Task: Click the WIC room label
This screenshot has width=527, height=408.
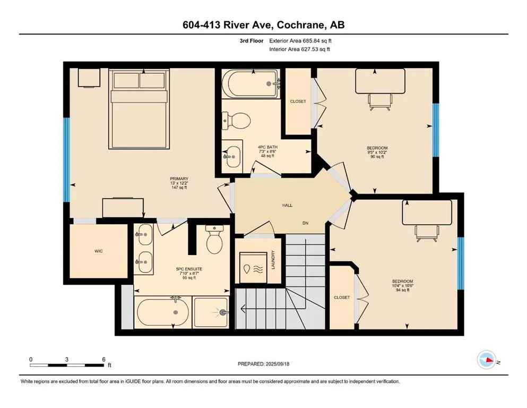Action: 99,251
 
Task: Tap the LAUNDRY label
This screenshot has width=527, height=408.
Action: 273,260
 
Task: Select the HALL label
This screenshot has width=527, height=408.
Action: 287,205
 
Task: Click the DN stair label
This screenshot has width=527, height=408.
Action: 305,223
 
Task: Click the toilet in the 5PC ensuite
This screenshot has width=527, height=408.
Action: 214,240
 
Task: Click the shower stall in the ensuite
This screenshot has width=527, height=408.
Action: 211,312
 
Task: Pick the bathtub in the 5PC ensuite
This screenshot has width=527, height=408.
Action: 162,312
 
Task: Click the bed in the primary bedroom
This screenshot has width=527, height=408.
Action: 139,109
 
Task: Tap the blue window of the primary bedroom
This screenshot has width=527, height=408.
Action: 67,160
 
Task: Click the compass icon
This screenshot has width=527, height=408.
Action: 487,360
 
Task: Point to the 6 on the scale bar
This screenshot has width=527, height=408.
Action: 103,359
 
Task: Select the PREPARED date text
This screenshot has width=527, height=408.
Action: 263,364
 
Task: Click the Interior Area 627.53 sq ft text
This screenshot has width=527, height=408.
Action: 299,49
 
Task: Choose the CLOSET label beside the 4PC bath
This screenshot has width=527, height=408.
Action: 298,101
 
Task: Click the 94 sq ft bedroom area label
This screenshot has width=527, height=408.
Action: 403,290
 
